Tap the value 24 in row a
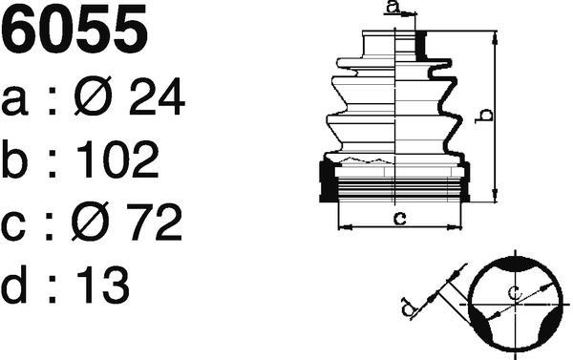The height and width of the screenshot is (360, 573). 157,96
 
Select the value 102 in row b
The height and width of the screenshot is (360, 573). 117,159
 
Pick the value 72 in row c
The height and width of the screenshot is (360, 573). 154,222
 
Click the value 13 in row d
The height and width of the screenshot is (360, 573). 103,285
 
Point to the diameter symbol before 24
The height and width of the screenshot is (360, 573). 93,95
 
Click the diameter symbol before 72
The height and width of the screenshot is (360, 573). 90,222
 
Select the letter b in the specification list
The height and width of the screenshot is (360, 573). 14,159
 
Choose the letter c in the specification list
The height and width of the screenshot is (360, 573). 13,226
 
